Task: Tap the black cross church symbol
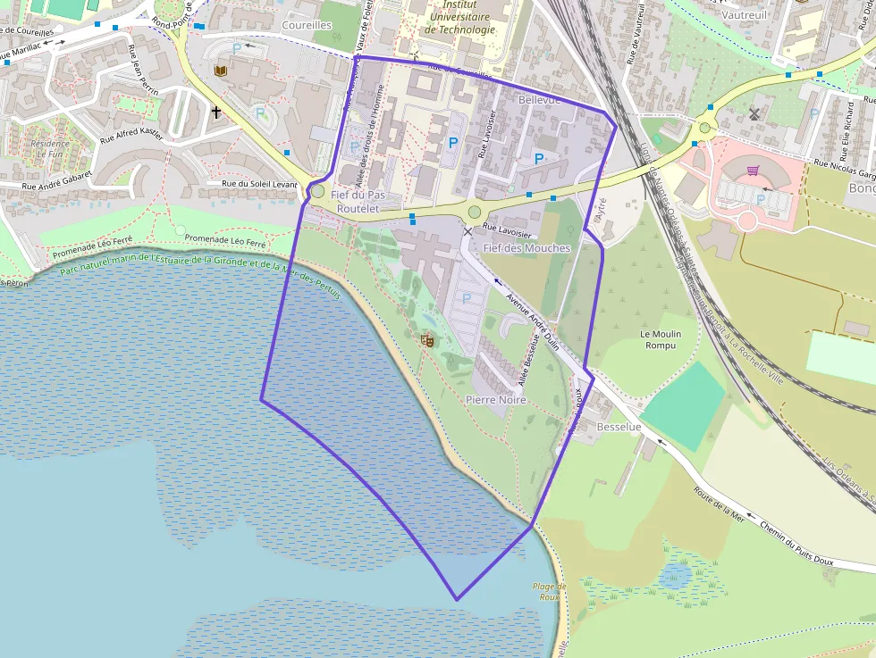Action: click(x=215, y=112)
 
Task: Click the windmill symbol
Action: click(x=754, y=113)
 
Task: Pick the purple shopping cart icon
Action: click(x=753, y=170)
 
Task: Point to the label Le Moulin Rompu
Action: click(x=661, y=339)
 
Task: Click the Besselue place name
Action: click(x=619, y=428)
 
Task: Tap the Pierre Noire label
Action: click(x=496, y=400)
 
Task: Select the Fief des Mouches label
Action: click(x=526, y=247)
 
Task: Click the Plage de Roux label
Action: click(x=549, y=591)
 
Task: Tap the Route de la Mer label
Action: click(x=719, y=504)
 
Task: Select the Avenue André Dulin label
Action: click(x=532, y=321)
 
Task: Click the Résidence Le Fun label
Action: click(x=49, y=148)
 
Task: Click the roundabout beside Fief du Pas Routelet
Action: click(x=317, y=191)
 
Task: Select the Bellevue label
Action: click(x=539, y=100)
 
